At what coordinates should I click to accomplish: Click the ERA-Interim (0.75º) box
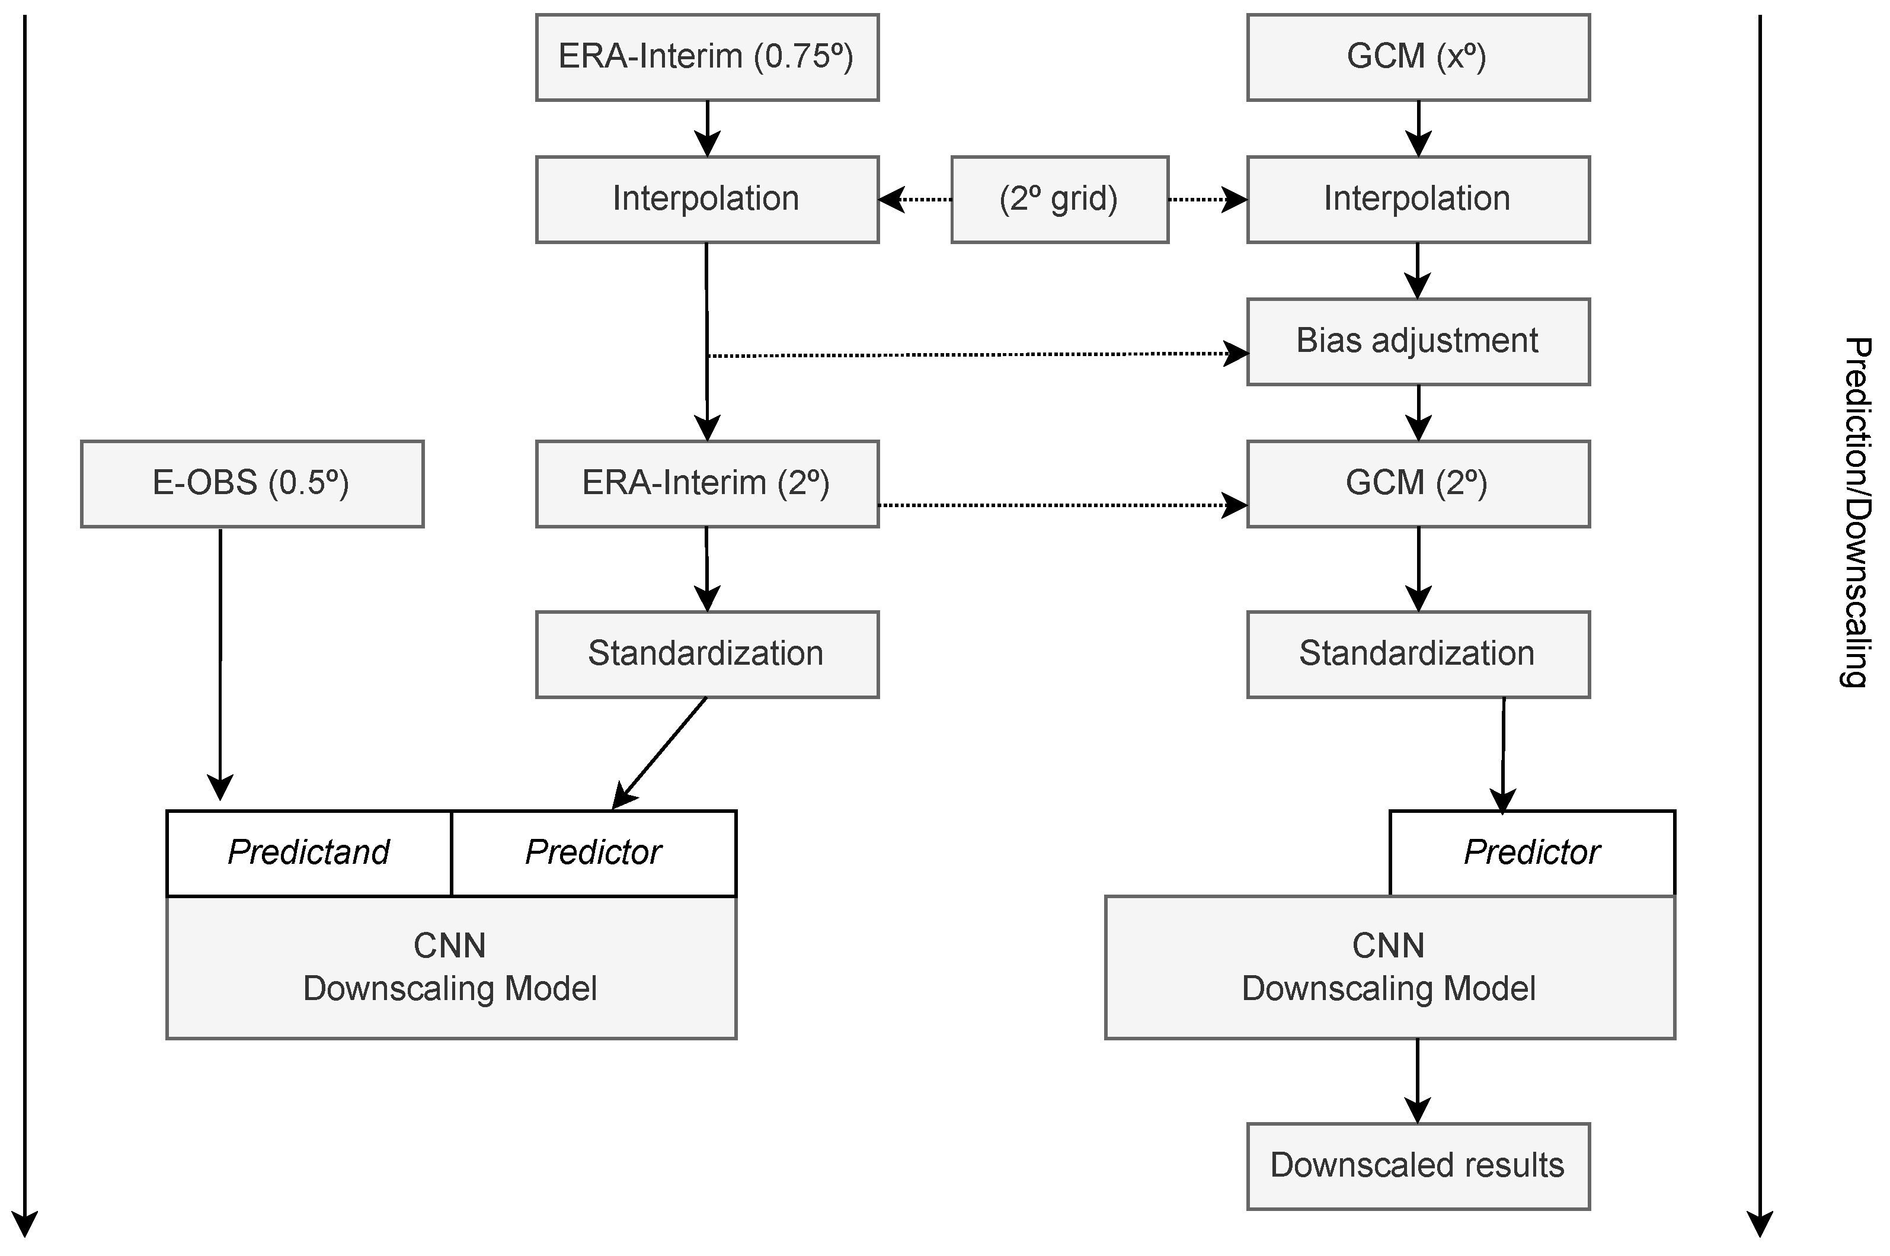click(x=706, y=57)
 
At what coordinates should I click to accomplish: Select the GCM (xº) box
click(x=1417, y=57)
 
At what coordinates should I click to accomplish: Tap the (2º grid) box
click(x=1059, y=200)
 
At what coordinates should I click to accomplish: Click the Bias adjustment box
click(x=1417, y=341)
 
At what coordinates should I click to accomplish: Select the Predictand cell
click(x=308, y=853)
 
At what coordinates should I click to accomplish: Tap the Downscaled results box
click(x=1417, y=1165)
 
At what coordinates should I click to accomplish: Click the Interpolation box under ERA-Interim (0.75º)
click(x=706, y=200)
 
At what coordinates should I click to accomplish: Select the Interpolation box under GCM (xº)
click(x=1417, y=200)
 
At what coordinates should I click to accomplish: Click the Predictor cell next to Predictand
click(x=593, y=853)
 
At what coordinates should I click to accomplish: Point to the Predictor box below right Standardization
click(x=1531, y=853)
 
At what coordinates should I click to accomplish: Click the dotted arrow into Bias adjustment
click(x=977, y=354)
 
